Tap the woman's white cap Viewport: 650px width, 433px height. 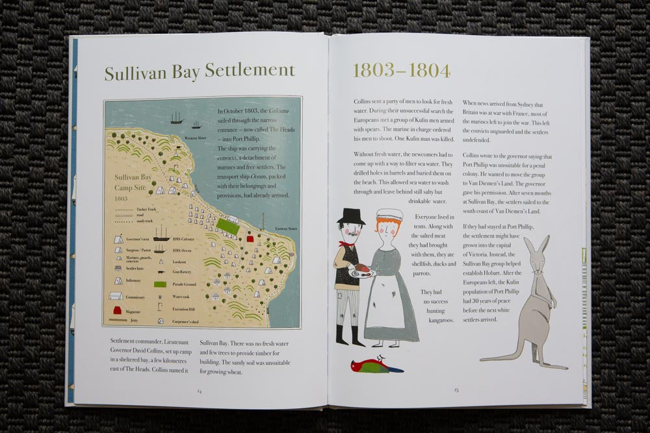pyautogui.click(x=389, y=214)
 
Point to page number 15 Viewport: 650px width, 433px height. pyautogui.click(x=456, y=390)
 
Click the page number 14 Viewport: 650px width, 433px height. pyautogui.click(x=200, y=391)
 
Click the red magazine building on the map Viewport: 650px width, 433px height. pyautogui.click(x=250, y=239)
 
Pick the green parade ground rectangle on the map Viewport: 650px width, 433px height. pyautogui.click(x=227, y=226)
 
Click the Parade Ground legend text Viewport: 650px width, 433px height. pyautogui.click(x=185, y=284)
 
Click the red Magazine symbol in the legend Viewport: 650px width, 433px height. pyautogui.click(x=118, y=310)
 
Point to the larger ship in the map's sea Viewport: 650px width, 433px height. pyautogui.click(x=176, y=118)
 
